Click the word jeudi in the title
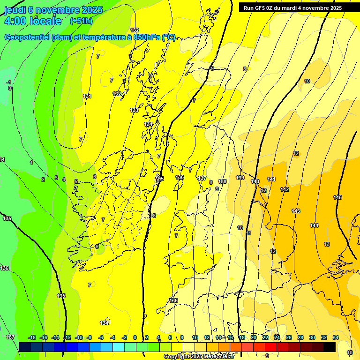[x=15, y=9]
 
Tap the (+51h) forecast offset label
[x=81, y=21]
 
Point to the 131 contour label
[x=87, y=96]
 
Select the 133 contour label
[x=134, y=110]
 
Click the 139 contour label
[x=240, y=178]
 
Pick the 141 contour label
[x=271, y=179]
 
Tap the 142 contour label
[x=285, y=189]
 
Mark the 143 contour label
[x=296, y=211]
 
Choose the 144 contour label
[x=314, y=225]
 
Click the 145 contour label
[x=337, y=197]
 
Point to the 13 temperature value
[x=327, y=244]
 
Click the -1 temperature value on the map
[x=9, y=82]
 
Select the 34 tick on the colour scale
[x=336, y=337]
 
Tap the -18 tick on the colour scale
[x=32, y=337]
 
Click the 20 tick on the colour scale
[x=254, y=337]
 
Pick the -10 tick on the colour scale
[x=79, y=337]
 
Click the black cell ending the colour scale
[x=330, y=347]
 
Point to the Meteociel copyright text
[x=199, y=356]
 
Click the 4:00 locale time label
[x=33, y=21]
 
